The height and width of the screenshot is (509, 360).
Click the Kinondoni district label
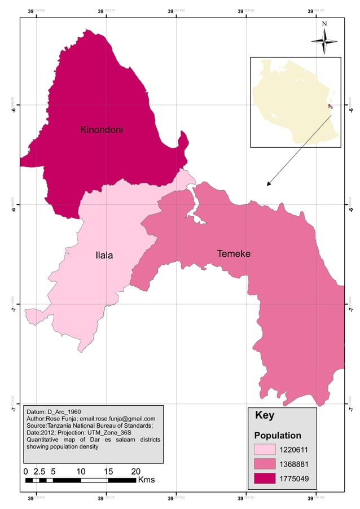pyautogui.click(x=102, y=130)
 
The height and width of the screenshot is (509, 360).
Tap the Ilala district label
pyautogui.click(x=104, y=256)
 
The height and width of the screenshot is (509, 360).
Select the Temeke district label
pyautogui.click(x=234, y=254)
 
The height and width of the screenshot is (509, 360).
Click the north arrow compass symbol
pyautogui.click(x=324, y=41)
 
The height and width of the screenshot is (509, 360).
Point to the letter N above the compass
pyautogui.click(x=324, y=24)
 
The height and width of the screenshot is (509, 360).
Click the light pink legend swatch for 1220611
pyautogui.click(x=265, y=450)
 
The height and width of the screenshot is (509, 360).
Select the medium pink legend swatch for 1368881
pyautogui.click(x=265, y=464)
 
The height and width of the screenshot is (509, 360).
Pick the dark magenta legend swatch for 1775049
pyautogui.click(x=265, y=479)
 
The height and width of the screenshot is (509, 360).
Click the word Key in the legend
pyautogui.click(x=264, y=415)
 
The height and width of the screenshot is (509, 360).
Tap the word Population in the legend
pyautogui.click(x=278, y=436)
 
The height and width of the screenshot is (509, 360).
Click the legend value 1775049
pyautogui.click(x=295, y=479)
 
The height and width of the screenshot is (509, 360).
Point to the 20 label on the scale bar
pyautogui.click(x=135, y=471)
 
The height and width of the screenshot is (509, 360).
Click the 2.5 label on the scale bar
pyautogui.click(x=39, y=471)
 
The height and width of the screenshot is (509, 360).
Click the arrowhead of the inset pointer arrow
pyautogui.click(x=269, y=184)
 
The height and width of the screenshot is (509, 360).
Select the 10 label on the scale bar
pyautogui.click(x=81, y=471)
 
